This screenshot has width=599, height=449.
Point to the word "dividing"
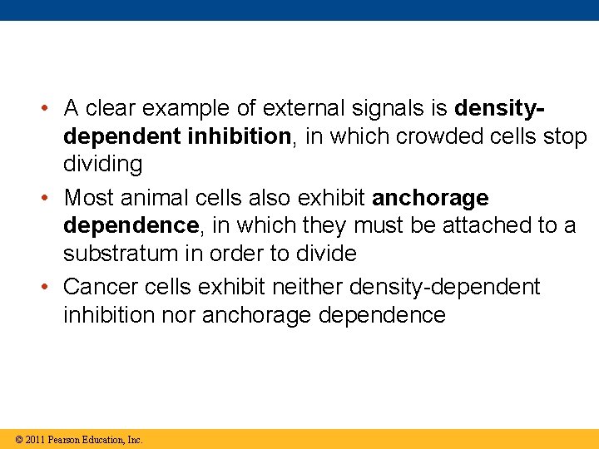[103, 164]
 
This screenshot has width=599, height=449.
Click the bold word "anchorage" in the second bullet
[430, 198]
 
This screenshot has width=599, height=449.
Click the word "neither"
[307, 287]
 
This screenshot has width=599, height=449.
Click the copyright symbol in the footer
[18, 439]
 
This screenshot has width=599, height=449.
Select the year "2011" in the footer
[35, 439]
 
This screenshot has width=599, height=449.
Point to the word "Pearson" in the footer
[65, 439]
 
